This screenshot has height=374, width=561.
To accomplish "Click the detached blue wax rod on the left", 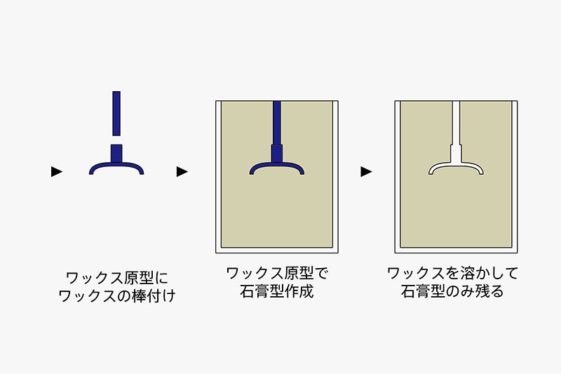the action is click(x=116, y=114).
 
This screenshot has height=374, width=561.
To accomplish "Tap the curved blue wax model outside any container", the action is click(x=116, y=167).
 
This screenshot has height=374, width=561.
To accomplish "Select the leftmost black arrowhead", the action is click(x=57, y=171).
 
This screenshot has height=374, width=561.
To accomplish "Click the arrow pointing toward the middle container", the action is click(x=182, y=171).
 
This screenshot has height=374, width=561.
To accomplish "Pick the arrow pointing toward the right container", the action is click(x=366, y=171).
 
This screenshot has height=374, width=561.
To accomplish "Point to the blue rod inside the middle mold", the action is click(x=277, y=123).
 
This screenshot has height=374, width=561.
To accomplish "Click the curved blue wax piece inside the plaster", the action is click(x=277, y=167).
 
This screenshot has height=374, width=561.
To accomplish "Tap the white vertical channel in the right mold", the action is click(x=456, y=123).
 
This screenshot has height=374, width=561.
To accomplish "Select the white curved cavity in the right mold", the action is click(x=457, y=167).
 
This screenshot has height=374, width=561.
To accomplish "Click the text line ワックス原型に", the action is click(x=117, y=278).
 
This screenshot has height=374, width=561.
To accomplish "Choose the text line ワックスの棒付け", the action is click(x=117, y=296).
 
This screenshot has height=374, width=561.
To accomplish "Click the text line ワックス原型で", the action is click(x=277, y=274).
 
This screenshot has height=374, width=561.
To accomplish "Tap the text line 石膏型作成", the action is click(x=277, y=291).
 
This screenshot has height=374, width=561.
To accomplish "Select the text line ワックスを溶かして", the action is click(x=452, y=274).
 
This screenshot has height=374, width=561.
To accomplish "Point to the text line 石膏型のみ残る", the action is click(x=452, y=291).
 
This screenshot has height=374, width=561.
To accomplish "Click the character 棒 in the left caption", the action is click(x=139, y=296).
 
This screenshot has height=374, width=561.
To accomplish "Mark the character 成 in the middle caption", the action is click(x=306, y=291).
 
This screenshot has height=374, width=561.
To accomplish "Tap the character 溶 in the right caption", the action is click(x=467, y=274).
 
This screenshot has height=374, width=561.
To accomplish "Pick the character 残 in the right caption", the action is click(x=482, y=291).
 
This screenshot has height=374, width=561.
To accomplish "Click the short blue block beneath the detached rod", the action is click(x=116, y=153).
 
